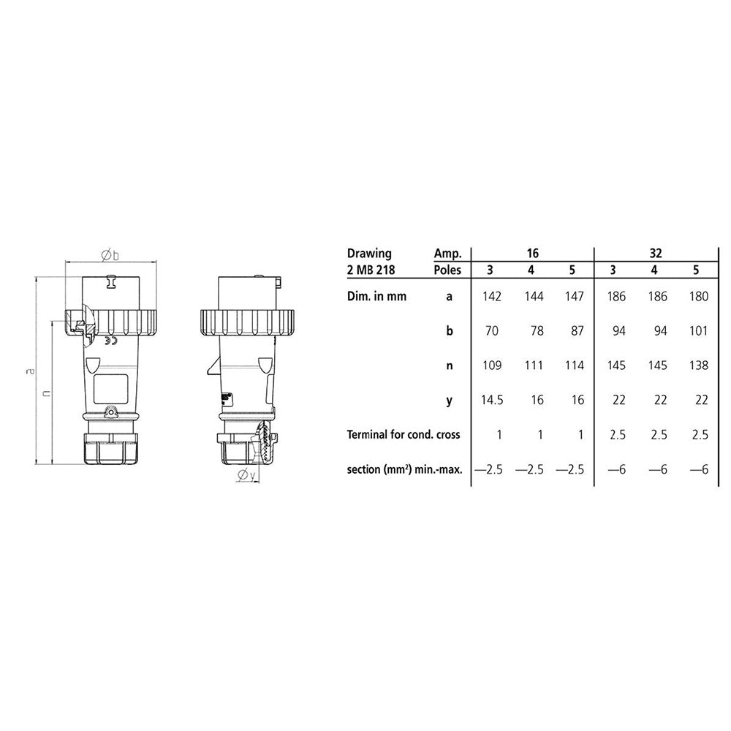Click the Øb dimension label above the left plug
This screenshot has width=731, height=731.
point(110,255)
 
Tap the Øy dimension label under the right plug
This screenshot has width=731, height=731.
point(246,475)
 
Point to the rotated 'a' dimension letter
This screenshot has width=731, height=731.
point(30,371)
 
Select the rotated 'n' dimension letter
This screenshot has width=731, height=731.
point(46,393)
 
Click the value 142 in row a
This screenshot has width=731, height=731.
point(492,297)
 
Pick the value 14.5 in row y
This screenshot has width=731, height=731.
point(492,400)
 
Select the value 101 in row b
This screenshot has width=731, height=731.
point(698,331)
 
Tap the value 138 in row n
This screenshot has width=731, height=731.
point(698,365)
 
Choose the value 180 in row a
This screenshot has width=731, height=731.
point(698,297)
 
